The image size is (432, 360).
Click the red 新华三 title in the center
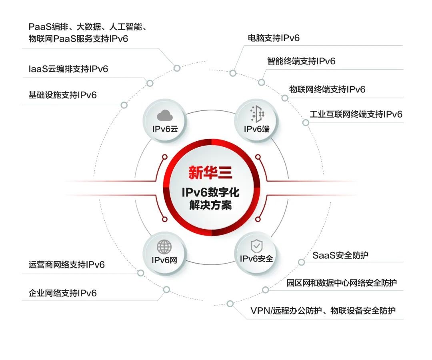(x=210, y=173)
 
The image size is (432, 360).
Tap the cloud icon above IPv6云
(x=165, y=116)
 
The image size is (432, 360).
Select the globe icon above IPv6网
(x=164, y=247)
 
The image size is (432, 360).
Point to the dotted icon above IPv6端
(x=257, y=114)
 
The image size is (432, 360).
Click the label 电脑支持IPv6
(x=274, y=38)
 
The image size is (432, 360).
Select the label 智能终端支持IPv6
(x=301, y=61)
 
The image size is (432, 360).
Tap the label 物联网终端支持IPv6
(x=327, y=89)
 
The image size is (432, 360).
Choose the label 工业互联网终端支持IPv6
(x=356, y=114)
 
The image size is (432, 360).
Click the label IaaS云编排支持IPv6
(x=68, y=68)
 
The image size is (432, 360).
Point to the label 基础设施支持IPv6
(x=62, y=95)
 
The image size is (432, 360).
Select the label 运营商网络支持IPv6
(x=67, y=265)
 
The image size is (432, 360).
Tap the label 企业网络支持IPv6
(x=62, y=293)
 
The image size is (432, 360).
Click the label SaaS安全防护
(x=340, y=255)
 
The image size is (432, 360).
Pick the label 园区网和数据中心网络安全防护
(x=342, y=283)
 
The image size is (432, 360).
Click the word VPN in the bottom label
(x=260, y=311)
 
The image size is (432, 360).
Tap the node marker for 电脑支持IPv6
(x=233, y=73)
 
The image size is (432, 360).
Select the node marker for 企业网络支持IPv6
(x=166, y=290)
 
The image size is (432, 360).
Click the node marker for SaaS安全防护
(x=302, y=262)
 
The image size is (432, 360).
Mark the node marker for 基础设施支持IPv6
(x=124, y=105)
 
